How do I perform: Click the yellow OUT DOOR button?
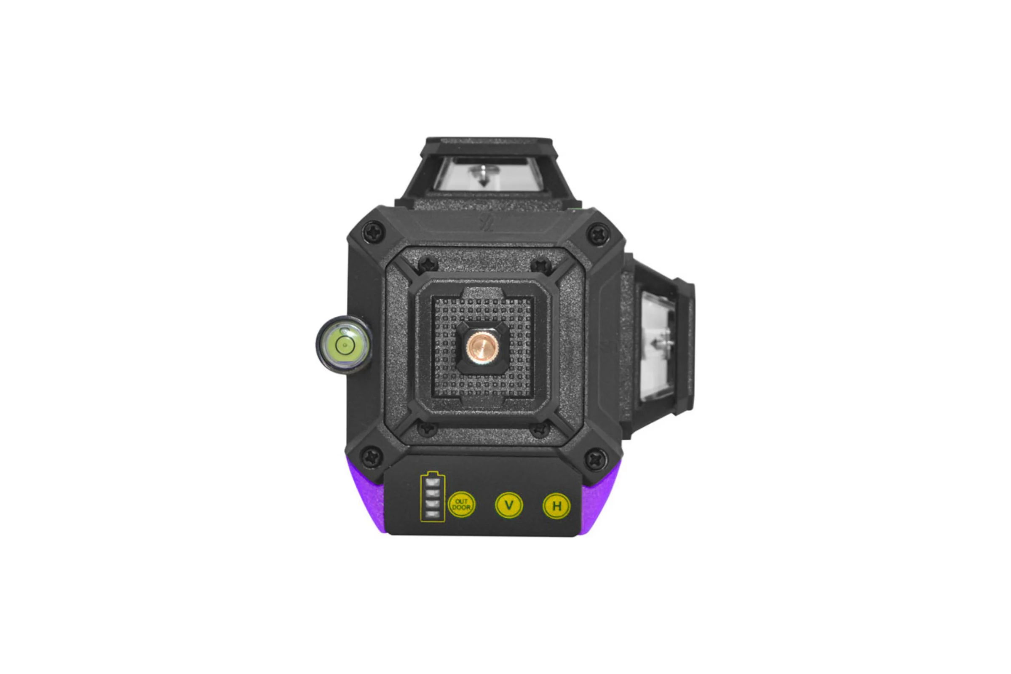click(x=462, y=504)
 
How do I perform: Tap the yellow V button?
click(x=509, y=505)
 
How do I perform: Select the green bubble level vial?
click(x=343, y=344)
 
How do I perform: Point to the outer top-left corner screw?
click(x=374, y=233)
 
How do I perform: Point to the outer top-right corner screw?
click(x=598, y=234)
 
